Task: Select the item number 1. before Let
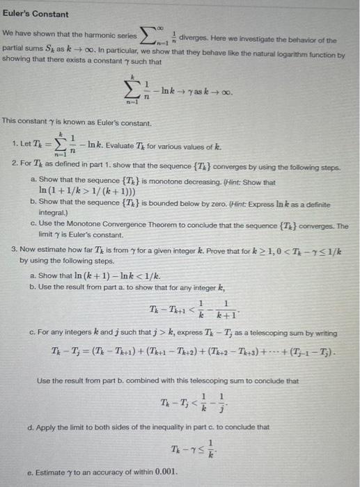[x=15, y=143]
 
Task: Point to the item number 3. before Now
[x=15, y=248]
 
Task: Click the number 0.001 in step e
[x=165, y=472]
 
